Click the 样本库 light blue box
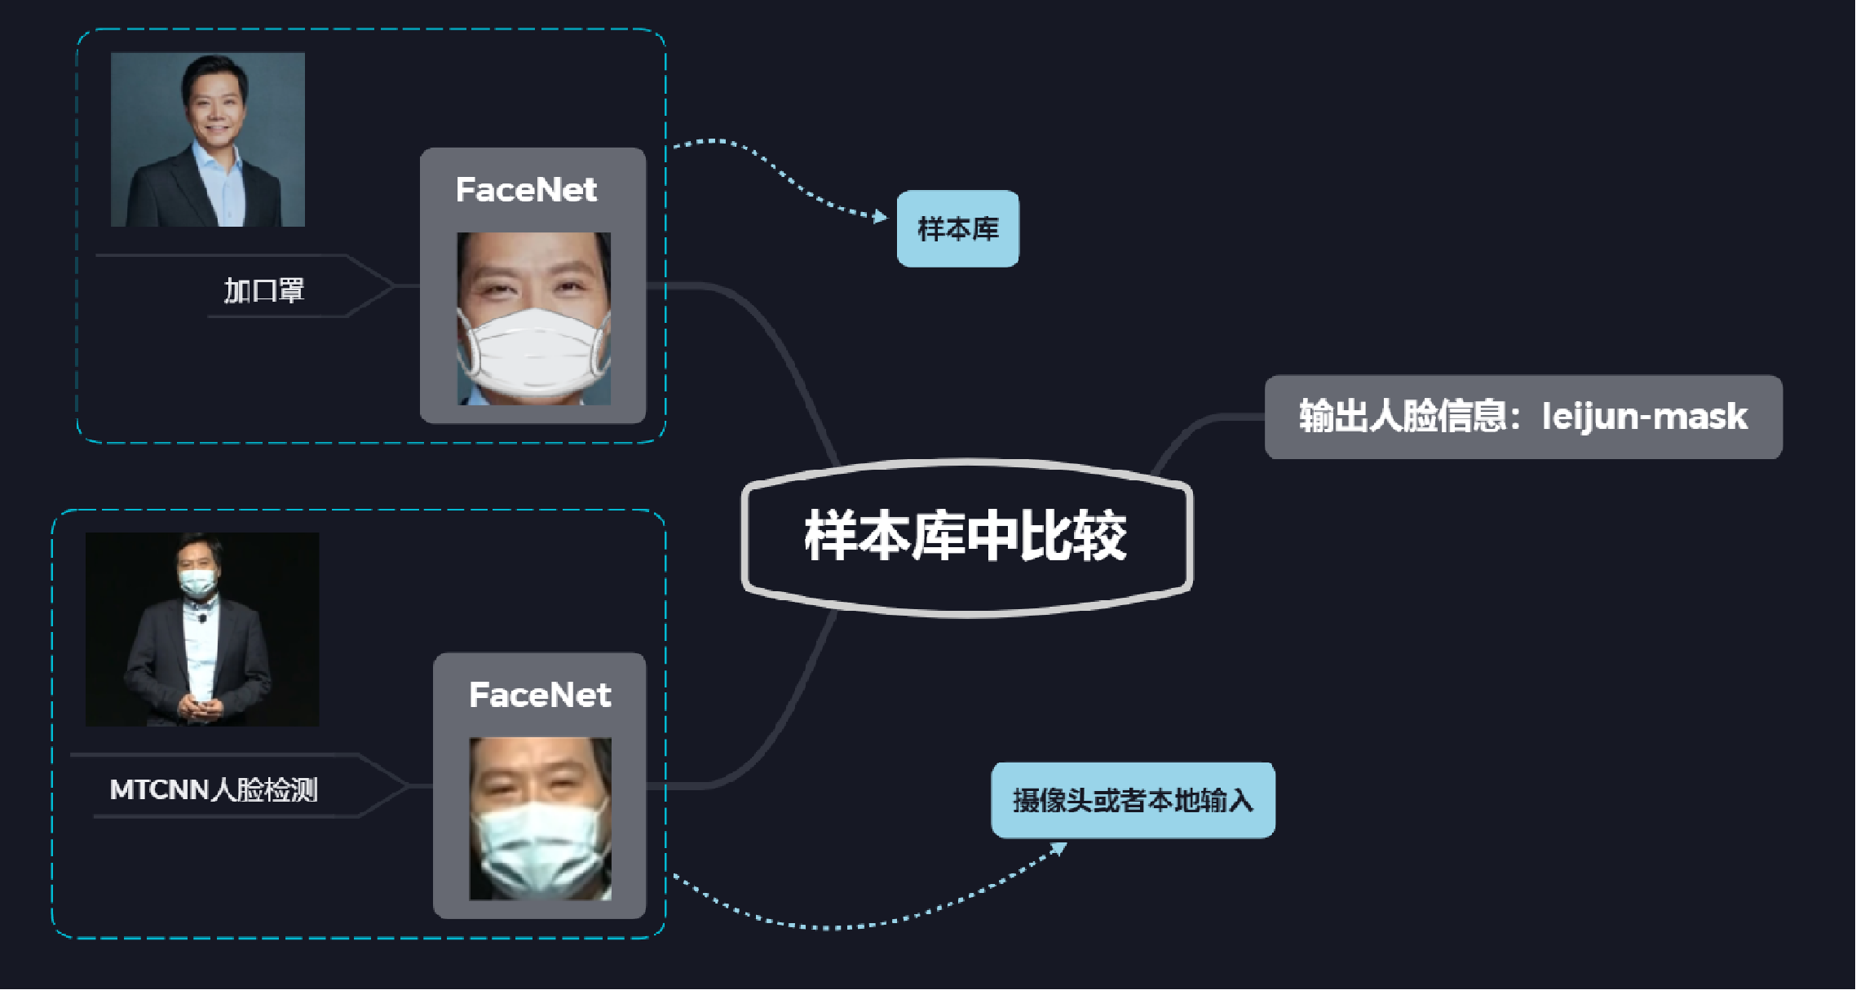(957, 228)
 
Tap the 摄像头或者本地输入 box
(1132, 800)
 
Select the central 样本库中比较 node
(966, 536)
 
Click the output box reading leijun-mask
(1522, 417)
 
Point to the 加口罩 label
(263, 290)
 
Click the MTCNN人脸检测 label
(214, 789)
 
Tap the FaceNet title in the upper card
(526, 190)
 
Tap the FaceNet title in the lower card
(540, 695)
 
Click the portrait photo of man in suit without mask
(207, 139)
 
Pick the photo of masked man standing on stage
(202, 629)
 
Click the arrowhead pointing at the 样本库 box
(881, 216)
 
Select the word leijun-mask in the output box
(1644, 417)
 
